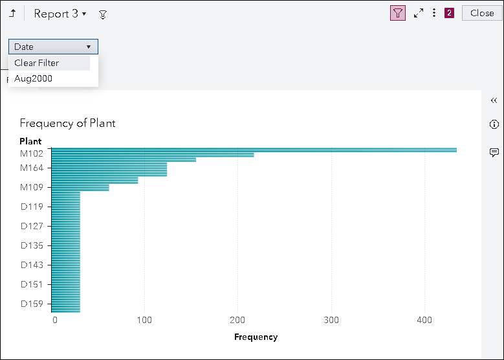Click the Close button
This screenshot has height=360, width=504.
482,13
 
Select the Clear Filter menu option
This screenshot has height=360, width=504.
37,63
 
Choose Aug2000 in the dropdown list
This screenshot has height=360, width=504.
34,78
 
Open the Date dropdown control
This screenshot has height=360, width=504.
53,47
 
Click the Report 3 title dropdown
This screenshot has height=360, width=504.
60,14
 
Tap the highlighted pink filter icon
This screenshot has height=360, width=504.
398,13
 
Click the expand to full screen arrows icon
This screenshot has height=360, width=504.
419,13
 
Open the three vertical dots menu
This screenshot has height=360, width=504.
434,13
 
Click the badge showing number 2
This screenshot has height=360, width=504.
449,13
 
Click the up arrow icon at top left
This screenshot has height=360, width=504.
12,13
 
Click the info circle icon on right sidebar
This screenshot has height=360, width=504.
494,124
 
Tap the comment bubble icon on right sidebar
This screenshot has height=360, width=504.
494,152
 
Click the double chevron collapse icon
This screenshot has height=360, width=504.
494,100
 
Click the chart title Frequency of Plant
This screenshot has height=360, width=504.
67,123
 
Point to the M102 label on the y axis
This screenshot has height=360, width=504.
32,153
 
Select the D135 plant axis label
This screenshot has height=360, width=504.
32,245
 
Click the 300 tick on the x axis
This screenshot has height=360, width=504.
331,320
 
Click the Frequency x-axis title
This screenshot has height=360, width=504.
256,337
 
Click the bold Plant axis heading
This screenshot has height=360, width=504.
30,141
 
